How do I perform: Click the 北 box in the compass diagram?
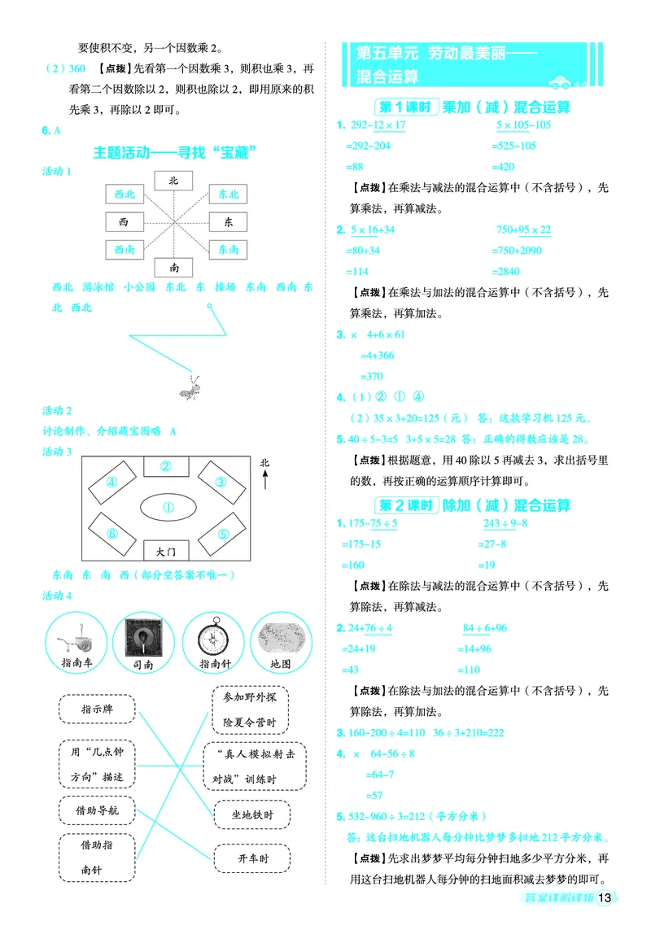point(173,180)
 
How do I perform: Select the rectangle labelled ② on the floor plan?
point(165,466)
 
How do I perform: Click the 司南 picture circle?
point(142,639)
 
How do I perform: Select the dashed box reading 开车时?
point(253,858)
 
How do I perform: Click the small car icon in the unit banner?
point(559,81)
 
